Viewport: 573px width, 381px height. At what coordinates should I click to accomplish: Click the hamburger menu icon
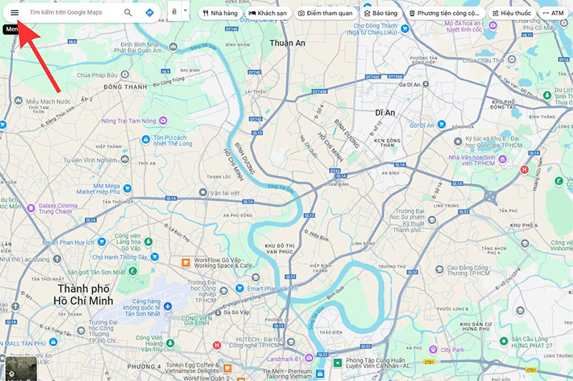(14, 13)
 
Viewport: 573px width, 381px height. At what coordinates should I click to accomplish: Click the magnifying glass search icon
(128, 13)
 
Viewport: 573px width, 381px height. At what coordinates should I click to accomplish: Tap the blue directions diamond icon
(149, 13)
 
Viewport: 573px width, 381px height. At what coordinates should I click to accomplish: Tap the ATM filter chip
(553, 13)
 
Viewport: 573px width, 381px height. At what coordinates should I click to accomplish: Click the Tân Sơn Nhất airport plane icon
(166, 306)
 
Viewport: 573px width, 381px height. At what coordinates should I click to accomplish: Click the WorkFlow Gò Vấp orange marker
(186, 262)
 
